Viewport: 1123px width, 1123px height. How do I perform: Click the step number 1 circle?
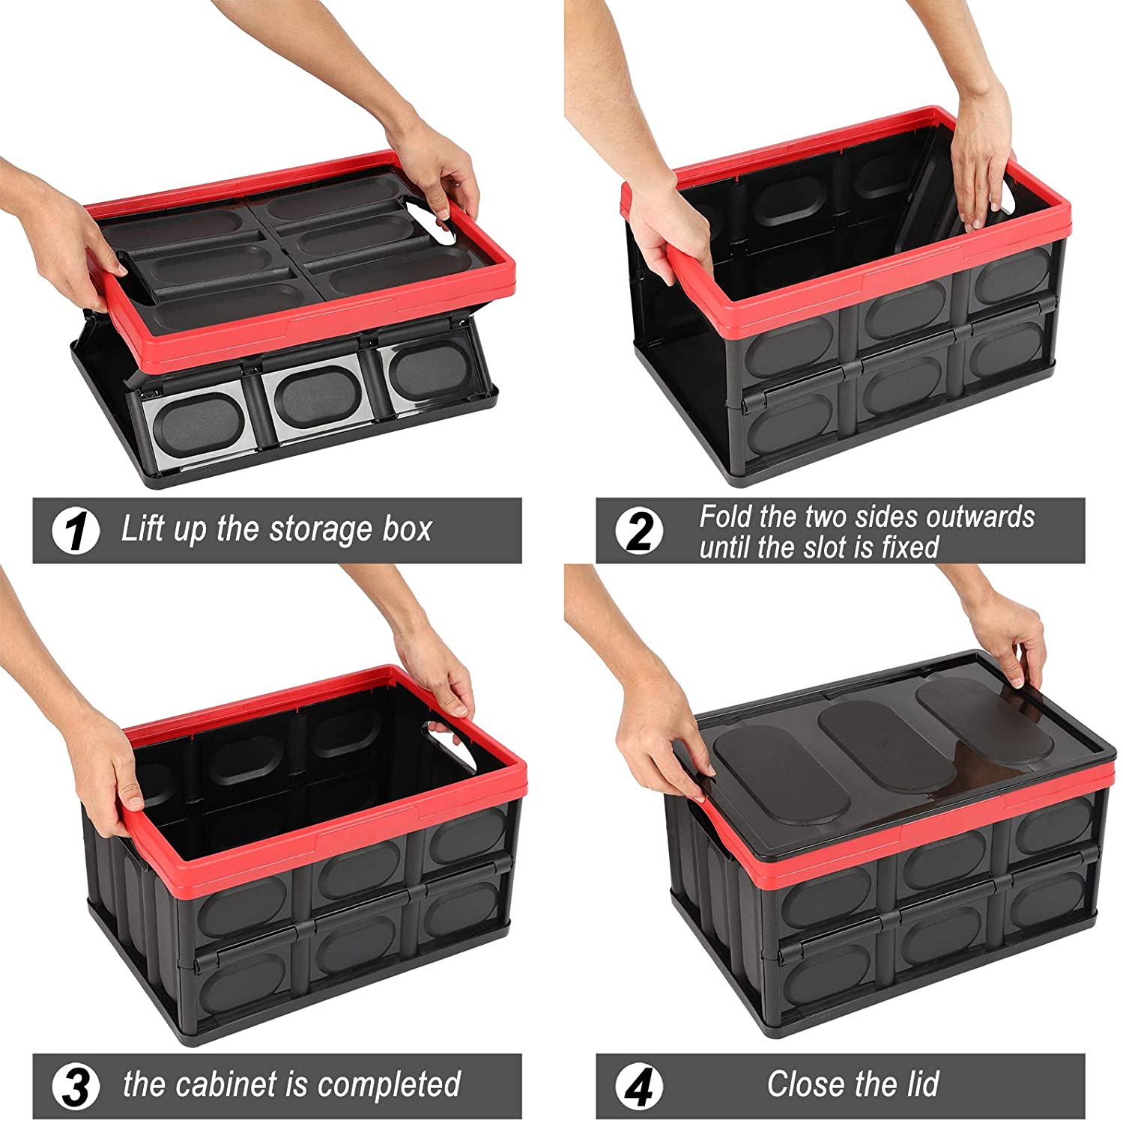76,532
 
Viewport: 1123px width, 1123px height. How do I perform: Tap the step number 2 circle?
639,532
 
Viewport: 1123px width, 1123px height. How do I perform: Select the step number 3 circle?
76,1086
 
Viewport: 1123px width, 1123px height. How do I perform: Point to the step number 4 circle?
639,1086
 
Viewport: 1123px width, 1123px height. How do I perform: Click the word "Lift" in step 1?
142,529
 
